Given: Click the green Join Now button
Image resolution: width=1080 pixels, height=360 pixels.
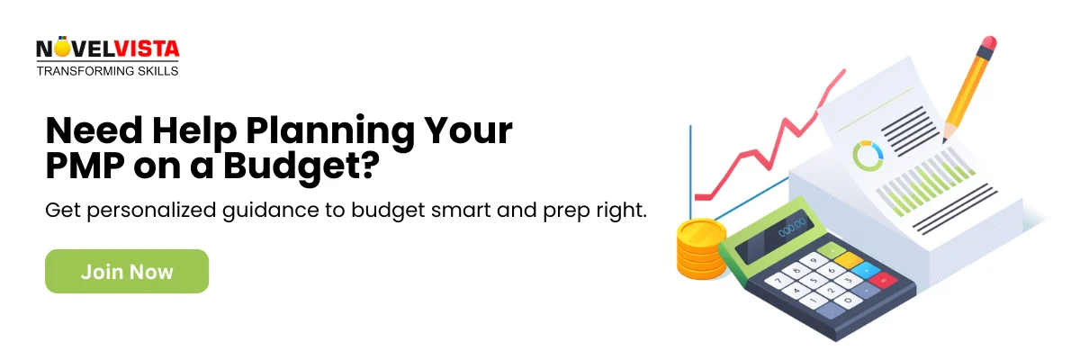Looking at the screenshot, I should [x=127, y=271].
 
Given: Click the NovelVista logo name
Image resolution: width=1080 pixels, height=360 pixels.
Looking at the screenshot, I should [x=108, y=49].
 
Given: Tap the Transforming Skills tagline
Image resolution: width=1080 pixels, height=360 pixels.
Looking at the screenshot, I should [x=107, y=70].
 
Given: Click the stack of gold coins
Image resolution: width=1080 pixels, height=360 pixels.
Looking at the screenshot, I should [x=700, y=247].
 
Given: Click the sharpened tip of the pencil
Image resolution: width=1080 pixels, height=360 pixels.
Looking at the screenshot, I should [x=945, y=140].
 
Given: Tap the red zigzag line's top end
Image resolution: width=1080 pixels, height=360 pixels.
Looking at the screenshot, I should [x=843, y=71].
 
